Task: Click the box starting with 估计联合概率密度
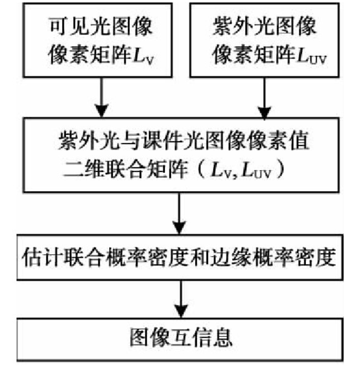click(x=180, y=255)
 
